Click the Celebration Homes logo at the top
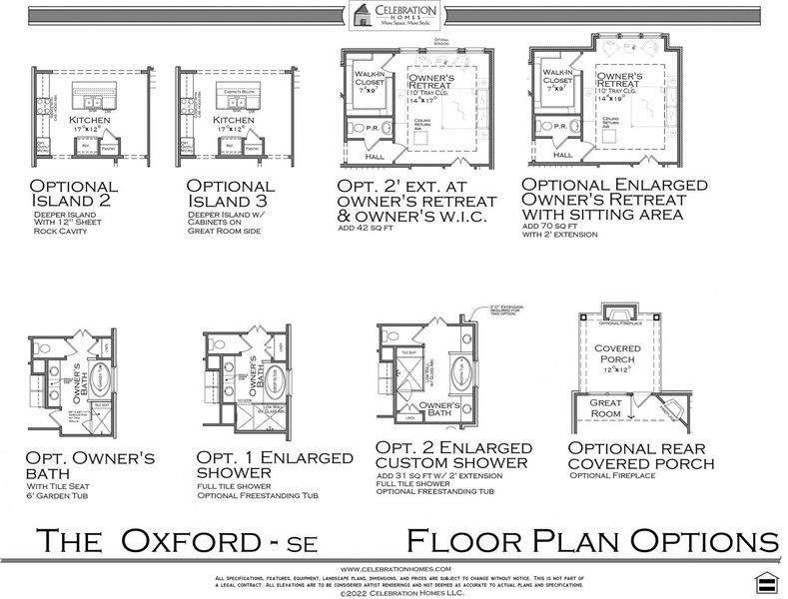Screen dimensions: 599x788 tap(394, 16)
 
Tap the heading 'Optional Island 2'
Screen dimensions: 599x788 tap(74, 194)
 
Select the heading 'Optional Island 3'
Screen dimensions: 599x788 tap(231, 194)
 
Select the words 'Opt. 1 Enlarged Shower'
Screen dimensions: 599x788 tap(275, 465)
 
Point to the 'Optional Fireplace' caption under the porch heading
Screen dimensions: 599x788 tap(609, 476)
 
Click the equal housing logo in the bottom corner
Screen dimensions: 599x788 tap(767, 581)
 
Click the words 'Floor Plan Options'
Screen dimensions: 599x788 tap(591, 541)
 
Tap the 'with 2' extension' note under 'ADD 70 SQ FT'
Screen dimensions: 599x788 tap(561, 236)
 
